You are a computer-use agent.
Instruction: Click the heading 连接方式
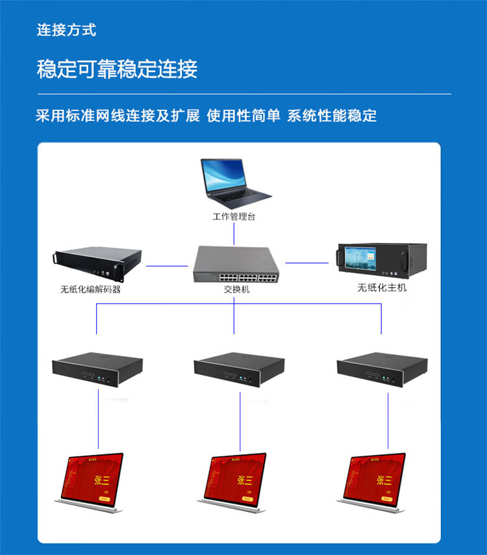[x=66, y=30]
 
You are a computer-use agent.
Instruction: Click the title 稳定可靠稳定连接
[x=117, y=69]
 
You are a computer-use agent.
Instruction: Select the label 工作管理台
[x=234, y=216]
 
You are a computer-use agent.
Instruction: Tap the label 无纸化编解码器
[x=90, y=290]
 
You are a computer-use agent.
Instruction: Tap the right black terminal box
[x=382, y=368]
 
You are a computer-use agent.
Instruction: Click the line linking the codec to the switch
[x=167, y=265]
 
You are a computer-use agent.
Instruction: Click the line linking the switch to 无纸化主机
[x=307, y=263]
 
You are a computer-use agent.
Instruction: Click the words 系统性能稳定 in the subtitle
[x=332, y=116]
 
